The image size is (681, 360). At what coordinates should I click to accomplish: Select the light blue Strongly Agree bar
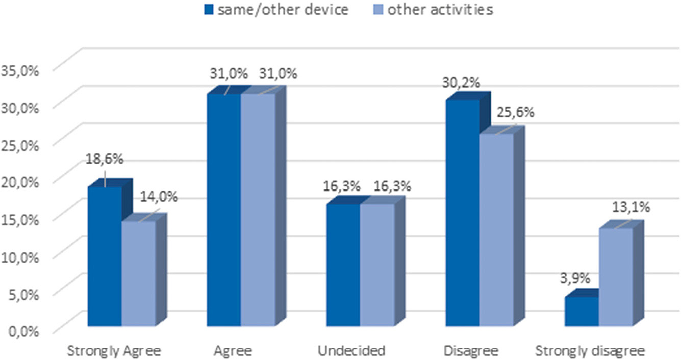point(139,273)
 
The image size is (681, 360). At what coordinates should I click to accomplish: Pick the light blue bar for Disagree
point(496,229)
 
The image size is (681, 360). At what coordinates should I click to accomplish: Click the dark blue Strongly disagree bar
point(582,311)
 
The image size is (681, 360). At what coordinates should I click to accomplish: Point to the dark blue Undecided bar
point(343,265)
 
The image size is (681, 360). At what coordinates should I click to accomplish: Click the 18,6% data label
point(104,159)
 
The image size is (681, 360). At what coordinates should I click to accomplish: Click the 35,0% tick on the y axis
point(21,70)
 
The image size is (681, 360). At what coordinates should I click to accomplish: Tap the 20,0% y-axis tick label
point(21,182)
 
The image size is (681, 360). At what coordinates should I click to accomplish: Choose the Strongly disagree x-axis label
point(590,351)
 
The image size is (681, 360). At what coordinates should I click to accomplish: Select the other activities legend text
point(440,10)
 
